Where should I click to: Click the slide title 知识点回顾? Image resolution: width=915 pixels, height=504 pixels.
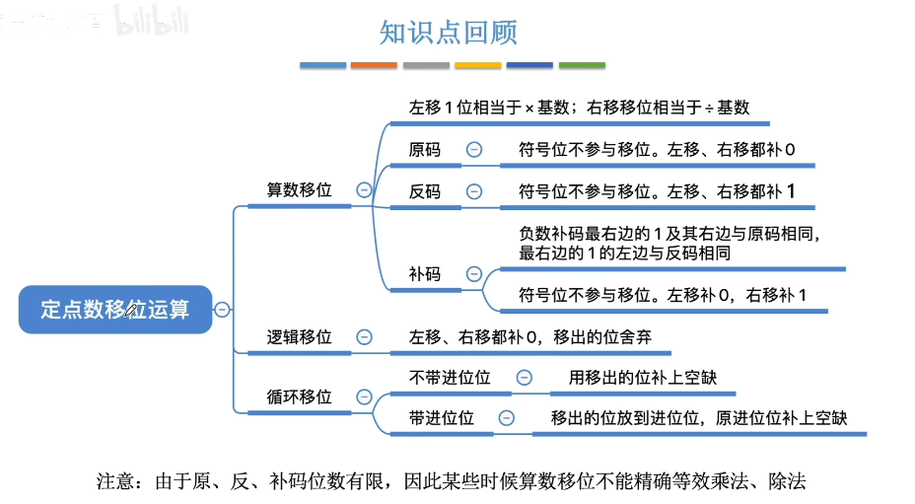pos(449,33)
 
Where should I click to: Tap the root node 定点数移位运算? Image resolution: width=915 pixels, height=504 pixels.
pos(114,309)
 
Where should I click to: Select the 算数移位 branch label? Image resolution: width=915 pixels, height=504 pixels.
pos(300,189)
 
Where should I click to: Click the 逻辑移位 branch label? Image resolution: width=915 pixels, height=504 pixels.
pos(300,337)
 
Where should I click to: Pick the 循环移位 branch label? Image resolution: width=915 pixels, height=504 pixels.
pos(300,396)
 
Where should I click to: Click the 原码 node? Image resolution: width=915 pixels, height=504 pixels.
pos(425,150)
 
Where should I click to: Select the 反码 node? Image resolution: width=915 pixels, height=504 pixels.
pos(425,191)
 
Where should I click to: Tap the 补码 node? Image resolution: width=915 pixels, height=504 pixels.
pos(425,274)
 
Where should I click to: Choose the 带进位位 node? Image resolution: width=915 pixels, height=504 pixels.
pos(442,418)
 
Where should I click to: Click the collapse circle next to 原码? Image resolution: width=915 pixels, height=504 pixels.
pos(474,150)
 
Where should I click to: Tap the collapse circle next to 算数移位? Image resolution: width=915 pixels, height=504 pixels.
pos(364,190)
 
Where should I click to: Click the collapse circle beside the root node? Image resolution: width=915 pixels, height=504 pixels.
pos(223,309)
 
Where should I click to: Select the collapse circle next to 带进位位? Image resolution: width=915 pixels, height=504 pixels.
pos(507,418)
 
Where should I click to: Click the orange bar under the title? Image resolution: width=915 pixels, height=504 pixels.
pos(375,65)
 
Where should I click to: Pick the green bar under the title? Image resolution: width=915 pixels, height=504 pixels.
pos(582,65)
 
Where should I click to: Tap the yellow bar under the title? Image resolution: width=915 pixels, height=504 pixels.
pos(478,65)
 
